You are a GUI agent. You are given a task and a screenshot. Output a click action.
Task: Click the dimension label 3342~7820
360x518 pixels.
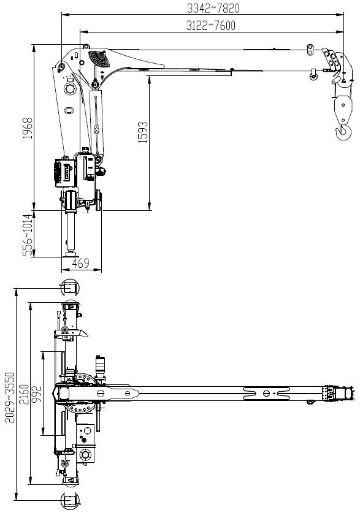(x=213, y=8)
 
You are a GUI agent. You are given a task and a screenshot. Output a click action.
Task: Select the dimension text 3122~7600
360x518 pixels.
(x=211, y=25)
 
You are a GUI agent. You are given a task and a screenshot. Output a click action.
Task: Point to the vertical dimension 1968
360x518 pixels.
(x=28, y=128)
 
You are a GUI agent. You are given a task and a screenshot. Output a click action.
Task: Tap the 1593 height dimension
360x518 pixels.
(x=143, y=132)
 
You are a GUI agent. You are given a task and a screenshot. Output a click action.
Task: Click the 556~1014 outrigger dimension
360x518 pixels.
(x=28, y=235)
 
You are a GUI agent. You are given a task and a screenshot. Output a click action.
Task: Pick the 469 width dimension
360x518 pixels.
(x=81, y=264)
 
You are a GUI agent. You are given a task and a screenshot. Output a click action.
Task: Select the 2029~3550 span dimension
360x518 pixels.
(x=10, y=398)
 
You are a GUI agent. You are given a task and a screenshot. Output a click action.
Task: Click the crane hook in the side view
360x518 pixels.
(x=344, y=132)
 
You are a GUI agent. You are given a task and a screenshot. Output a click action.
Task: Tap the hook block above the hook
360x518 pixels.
(x=343, y=108)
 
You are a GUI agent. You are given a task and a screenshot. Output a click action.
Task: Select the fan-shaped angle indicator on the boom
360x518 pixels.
(x=99, y=58)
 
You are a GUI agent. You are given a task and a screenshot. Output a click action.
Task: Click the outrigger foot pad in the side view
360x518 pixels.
(x=71, y=254)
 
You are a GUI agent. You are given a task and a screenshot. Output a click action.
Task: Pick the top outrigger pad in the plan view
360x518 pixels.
(x=70, y=287)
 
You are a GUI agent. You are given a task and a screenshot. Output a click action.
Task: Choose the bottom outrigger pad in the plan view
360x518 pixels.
(x=70, y=501)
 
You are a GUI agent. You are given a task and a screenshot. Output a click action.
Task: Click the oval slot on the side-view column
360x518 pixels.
(x=69, y=110)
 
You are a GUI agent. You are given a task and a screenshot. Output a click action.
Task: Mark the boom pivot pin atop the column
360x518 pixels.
(x=61, y=67)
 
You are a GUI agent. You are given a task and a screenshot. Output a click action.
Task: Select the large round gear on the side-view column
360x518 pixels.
(x=71, y=90)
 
